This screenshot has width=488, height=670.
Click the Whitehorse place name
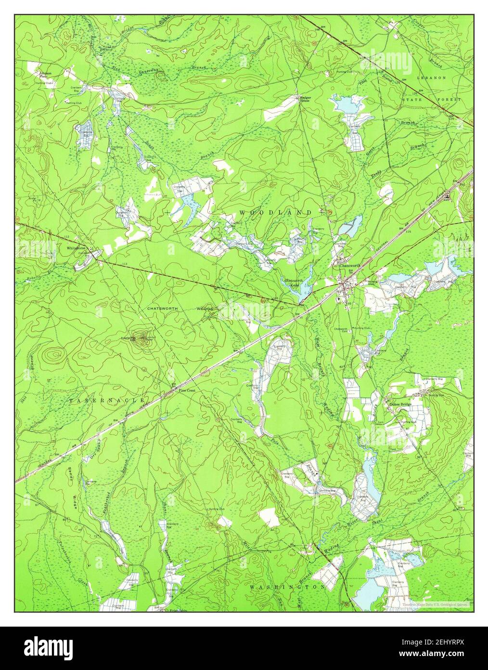click(76, 248)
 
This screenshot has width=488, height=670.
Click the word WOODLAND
click(275, 213)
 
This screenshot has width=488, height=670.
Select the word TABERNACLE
click(107, 400)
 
